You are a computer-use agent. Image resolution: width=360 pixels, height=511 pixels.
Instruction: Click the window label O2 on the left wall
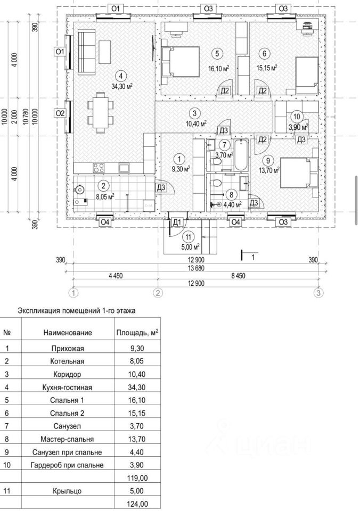60,113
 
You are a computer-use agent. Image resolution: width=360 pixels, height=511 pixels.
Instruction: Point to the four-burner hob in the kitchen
99,168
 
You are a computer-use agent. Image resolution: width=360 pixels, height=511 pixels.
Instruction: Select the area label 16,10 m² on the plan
219,69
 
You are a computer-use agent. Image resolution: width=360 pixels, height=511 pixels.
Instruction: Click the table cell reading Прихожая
68,350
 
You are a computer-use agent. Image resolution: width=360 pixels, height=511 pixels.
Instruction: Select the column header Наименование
68,333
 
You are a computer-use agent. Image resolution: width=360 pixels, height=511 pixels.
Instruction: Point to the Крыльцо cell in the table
68,491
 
